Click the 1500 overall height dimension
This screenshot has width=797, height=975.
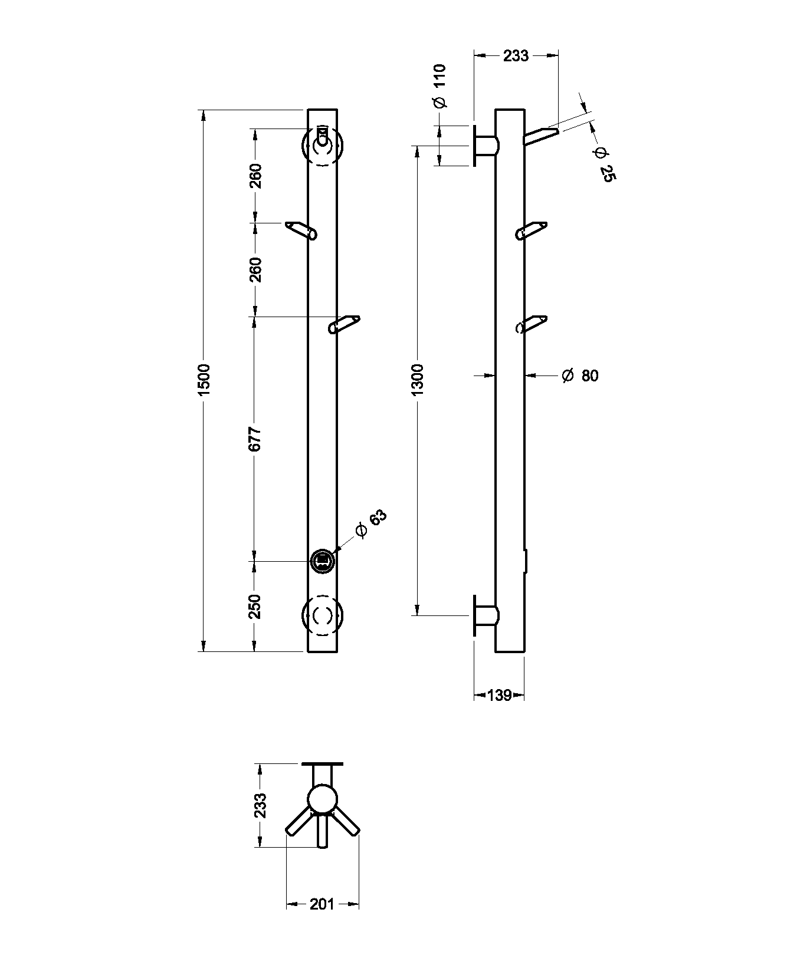point(204,380)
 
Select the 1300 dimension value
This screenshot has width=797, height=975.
point(417,380)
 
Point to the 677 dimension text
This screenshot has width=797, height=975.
point(254,439)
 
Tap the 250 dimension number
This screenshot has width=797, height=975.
point(254,606)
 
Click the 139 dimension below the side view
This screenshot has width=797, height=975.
point(499,696)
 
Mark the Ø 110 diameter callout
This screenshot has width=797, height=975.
point(440,86)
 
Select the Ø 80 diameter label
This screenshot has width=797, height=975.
point(580,375)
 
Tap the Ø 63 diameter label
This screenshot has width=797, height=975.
point(371,523)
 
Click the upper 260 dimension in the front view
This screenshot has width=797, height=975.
point(255,176)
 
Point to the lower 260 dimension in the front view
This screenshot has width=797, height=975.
point(255,269)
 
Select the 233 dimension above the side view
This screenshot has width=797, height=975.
point(516,56)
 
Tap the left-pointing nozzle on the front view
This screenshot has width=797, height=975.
point(301,230)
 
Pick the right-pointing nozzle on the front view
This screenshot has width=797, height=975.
point(344,324)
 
